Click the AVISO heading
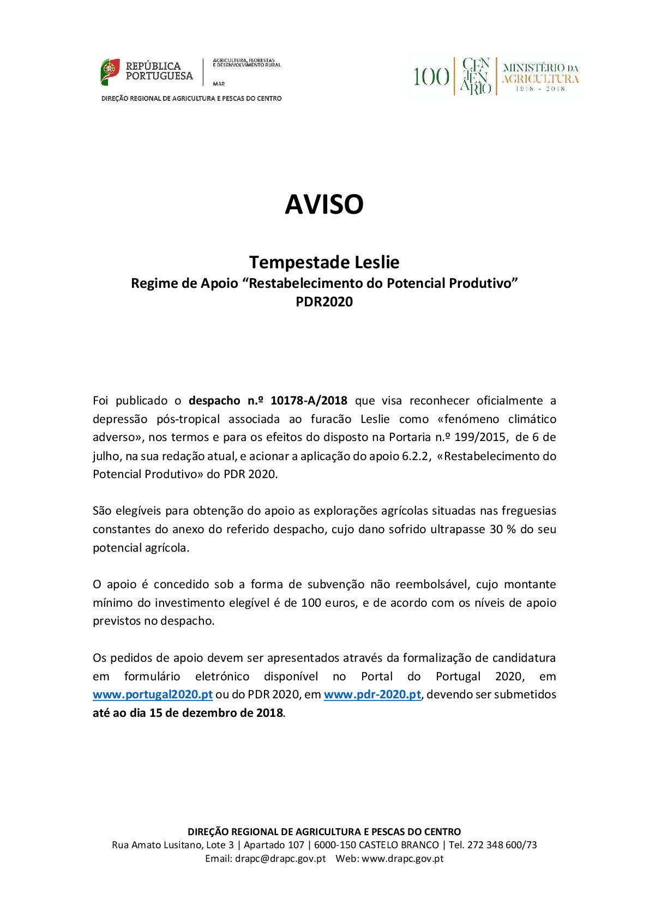[x=324, y=204]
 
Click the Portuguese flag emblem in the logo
[x=110, y=71]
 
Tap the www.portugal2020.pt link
[x=152, y=694]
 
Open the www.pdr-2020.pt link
[x=372, y=694]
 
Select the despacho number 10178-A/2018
[x=309, y=401]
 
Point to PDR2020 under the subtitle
[x=324, y=302]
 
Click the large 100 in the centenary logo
[x=431, y=77]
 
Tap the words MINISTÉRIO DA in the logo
[x=540, y=68]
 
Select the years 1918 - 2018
[x=540, y=89]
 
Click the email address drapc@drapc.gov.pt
[x=280, y=859]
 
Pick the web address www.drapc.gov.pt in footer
[x=402, y=859]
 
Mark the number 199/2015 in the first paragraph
[x=477, y=437]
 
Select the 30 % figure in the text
[x=502, y=529]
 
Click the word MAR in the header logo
[x=219, y=84]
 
